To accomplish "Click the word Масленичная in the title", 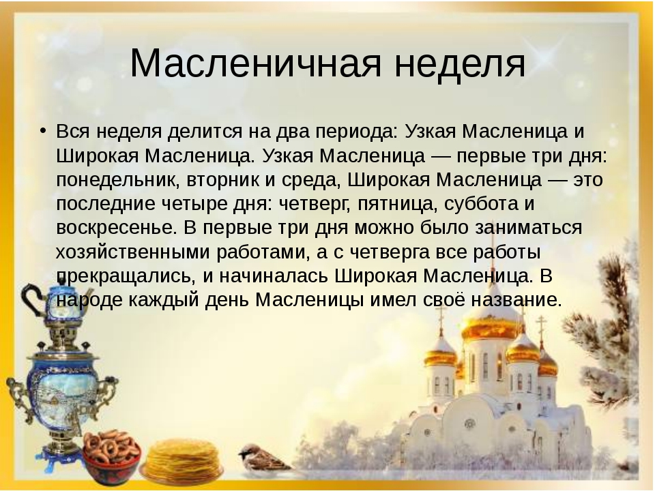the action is [x=256, y=64].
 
